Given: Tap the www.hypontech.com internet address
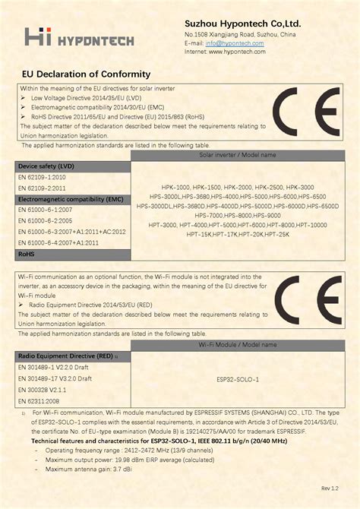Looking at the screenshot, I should (x=235, y=52).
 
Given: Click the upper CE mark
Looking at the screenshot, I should (x=306, y=111).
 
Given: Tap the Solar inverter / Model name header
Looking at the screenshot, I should (x=237, y=154).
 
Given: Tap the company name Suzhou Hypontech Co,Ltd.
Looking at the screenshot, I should (x=242, y=24).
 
